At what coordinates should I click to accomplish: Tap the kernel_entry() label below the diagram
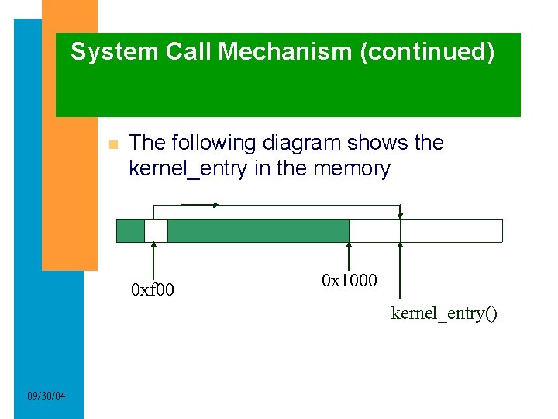pyautogui.click(x=444, y=313)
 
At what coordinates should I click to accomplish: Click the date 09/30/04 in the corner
pyautogui.click(x=46, y=396)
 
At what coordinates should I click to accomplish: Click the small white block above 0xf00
pyautogui.click(x=156, y=230)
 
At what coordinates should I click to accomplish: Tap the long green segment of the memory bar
pyautogui.click(x=258, y=230)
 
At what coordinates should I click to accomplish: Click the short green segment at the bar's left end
pyautogui.click(x=130, y=230)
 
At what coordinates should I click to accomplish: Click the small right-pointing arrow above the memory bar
pyautogui.click(x=200, y=205)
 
